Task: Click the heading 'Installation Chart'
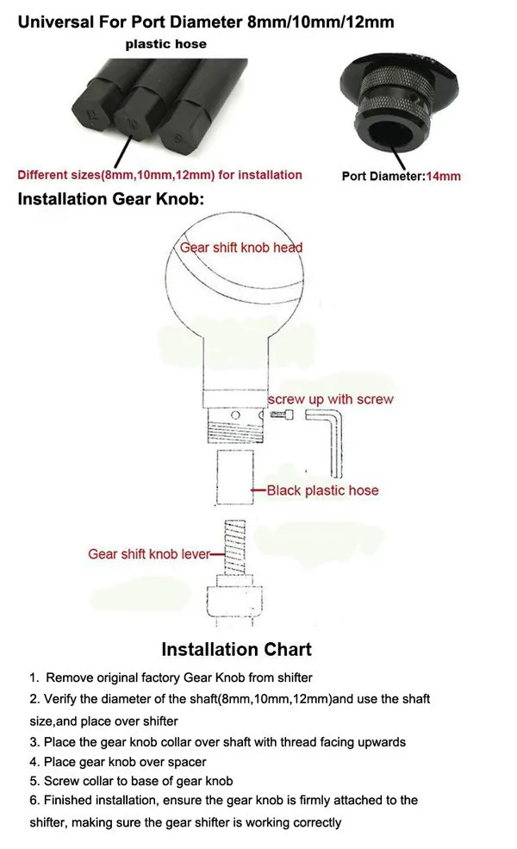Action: pyautogui.click(x=237, y=649)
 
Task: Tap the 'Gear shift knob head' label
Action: pyautogui.click(x=241, y=247)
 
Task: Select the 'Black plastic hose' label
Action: pyautogui.click(x=322, y=490)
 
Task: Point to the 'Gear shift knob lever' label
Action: pyautogui.click(x=149, y=554)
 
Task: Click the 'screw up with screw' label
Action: pyautogui.click(x=331, y=399)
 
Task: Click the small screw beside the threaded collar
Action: pyautogui.click(x=282, y=415)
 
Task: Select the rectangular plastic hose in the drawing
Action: pyautogui.click(x=235, y=477)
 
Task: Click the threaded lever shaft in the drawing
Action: pyautogui.click(x=234, y=546)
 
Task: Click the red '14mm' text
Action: pyautogui.click(x=444, y=176)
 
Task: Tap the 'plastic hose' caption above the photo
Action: pyautogui.click(x=166, y=44)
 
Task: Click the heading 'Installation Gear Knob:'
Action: pyautogui.click(x=111, y=199)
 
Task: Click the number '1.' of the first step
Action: pyautogui.click(x=34, y=677)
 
